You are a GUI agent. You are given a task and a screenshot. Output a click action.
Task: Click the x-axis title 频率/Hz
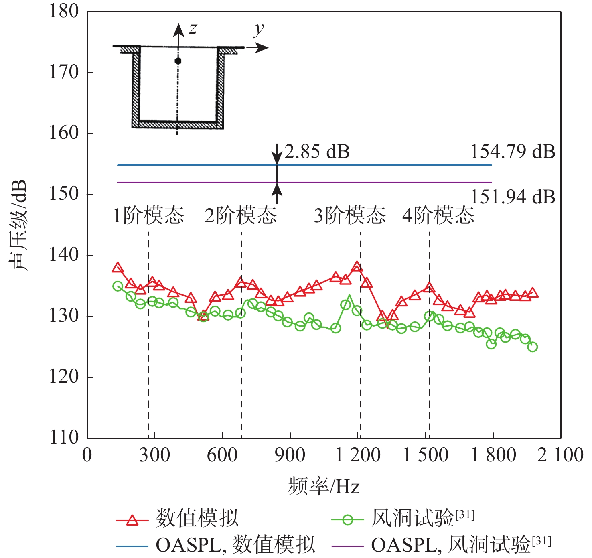[324, 486]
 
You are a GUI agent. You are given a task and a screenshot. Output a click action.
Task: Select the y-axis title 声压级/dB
[18, 225]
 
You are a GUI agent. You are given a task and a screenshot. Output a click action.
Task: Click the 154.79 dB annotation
[513, 152]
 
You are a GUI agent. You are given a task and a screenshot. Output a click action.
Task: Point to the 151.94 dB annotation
[513, 197]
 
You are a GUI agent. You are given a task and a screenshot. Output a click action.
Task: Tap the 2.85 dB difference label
[317, 152]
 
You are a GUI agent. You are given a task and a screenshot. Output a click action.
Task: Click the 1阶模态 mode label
[148, 215]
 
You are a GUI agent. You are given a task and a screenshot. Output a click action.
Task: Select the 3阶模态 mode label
[349, 215]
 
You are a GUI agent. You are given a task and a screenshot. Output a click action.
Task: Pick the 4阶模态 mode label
[438, 215]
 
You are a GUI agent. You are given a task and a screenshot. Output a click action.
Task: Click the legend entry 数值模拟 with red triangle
[197, 518]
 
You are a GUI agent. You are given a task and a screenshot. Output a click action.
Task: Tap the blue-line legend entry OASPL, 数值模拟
[235, 545]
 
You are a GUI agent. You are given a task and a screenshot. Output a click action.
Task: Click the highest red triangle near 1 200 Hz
[357, 266]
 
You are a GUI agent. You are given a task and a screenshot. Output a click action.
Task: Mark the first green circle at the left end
[118, 286]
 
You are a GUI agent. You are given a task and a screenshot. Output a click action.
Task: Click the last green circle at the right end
[533, 347]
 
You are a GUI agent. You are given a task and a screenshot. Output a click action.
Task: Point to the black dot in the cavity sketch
[178, 61]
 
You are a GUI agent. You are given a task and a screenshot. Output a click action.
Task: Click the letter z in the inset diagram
[193, 29]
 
